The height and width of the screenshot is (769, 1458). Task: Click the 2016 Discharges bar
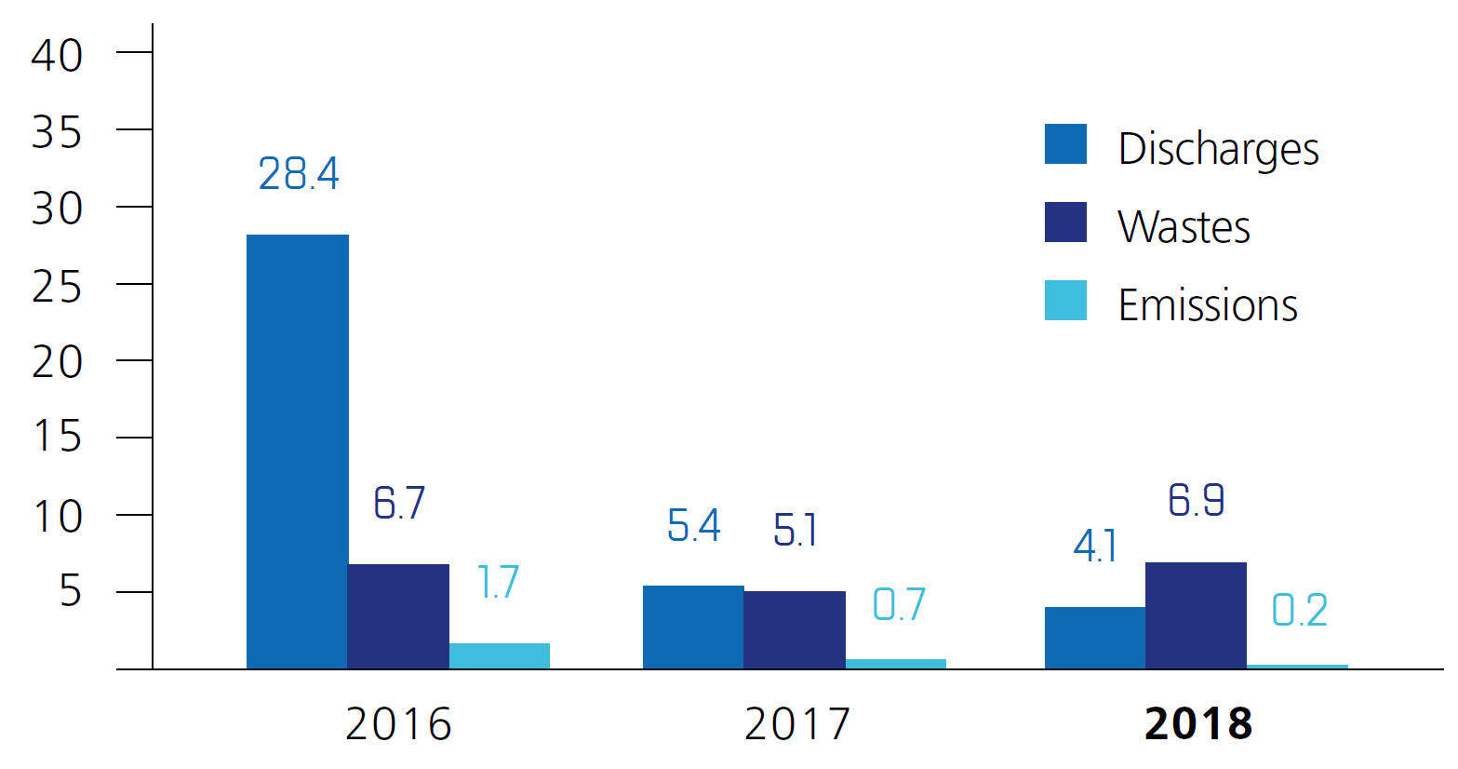298,452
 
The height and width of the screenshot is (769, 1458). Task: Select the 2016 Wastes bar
398,616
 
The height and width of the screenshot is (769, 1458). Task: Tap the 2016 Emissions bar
500,655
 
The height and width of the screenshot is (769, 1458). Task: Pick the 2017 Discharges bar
693,627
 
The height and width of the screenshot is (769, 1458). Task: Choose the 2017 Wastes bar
795,629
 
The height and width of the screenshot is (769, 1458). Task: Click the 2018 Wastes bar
1196,615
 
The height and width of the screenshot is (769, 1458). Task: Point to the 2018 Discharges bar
1095,638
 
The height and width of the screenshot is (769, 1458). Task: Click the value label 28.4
299,174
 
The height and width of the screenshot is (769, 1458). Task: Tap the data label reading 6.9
1197,500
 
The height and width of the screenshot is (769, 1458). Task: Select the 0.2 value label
1299,611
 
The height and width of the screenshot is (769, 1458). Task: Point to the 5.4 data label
694,526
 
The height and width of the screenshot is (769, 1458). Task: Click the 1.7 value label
498,583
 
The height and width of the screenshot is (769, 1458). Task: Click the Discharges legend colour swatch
1065,144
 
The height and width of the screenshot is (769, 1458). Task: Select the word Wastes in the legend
1184,227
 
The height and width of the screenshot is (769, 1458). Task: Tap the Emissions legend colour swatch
1065,301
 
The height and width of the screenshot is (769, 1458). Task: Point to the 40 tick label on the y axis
58,56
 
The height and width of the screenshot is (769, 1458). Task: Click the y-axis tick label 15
58,437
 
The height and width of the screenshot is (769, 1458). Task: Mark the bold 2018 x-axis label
1198,724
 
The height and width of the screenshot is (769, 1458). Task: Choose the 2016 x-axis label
398,724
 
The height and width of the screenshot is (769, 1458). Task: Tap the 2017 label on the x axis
797,724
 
